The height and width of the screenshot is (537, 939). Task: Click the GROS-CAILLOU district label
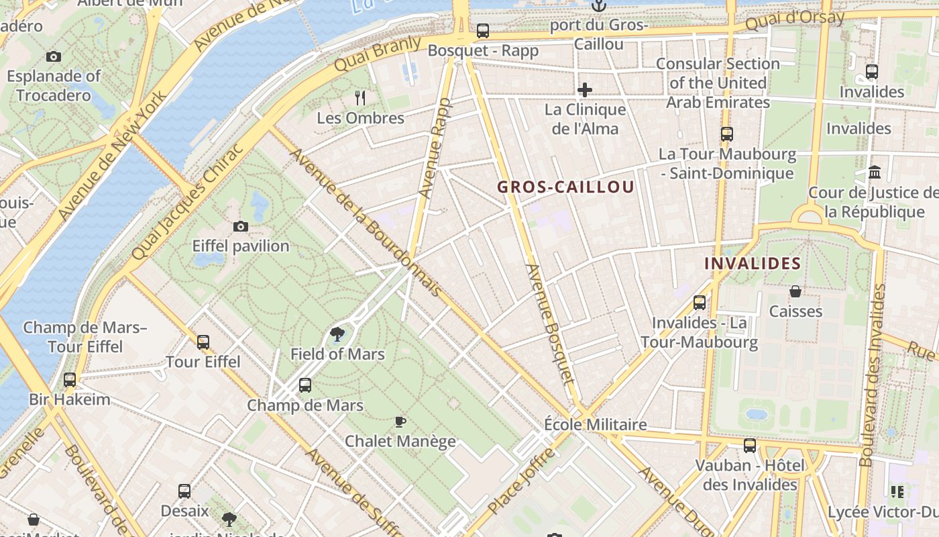tap(565, 187)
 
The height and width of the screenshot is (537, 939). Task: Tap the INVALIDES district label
tap(753, 263)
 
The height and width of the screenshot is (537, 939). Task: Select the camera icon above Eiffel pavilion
tap(240, 227)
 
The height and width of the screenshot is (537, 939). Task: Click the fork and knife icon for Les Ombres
tap(360, 98)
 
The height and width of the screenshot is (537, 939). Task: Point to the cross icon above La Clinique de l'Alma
tap(585, 90)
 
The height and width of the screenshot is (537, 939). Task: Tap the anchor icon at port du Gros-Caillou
tap(598, 6)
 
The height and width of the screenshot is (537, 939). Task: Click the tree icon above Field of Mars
tap(337, 334)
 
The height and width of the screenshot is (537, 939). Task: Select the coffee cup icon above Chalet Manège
tap(400, 422)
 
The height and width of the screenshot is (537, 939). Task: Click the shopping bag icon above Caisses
tap(795, 291)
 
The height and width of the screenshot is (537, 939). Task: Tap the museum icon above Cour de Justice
tap(875, 173)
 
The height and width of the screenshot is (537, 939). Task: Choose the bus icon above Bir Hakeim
tap(70, 380)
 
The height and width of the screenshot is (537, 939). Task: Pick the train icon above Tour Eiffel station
tap(203, 342)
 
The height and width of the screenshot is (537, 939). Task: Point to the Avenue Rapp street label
tap(435, 148)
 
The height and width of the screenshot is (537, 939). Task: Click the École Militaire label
tap(595, 424)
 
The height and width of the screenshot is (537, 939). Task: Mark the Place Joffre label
tap(522, 481)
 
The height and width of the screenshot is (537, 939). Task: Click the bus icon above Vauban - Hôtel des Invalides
tap(750, 445)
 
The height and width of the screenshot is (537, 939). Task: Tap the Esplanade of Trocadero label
tap(54, 85)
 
